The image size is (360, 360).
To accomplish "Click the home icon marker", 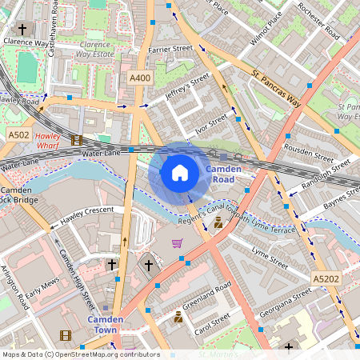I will click(x=180, y=172).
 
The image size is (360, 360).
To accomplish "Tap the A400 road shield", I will click(x=140, y=78).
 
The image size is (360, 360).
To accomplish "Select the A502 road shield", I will click(x=19, y=136).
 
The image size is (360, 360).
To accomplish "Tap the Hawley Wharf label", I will click(x=54, y=141).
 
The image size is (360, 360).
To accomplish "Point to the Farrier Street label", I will click(x=170, y=50).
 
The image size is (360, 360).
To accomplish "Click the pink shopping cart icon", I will click(x=177, y=243).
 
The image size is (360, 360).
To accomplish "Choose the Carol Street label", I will click(x=211, y=326).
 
